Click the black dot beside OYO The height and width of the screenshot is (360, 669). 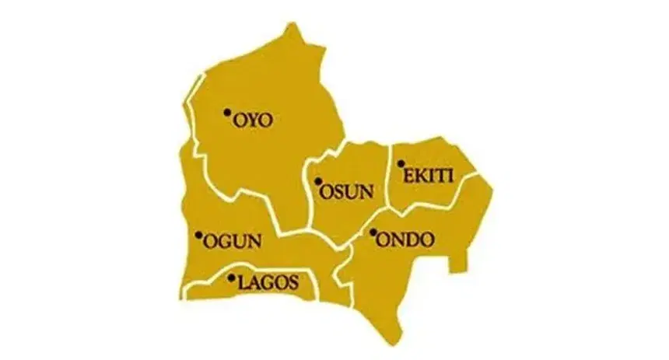point(227,113)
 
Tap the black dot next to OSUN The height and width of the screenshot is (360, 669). point(318,183)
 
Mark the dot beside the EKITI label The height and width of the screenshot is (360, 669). point(401,164)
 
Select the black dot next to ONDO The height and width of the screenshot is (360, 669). point(373,232)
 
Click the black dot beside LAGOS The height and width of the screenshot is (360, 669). point(231,276)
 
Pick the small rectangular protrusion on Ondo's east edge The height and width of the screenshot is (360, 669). point(458,260)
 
